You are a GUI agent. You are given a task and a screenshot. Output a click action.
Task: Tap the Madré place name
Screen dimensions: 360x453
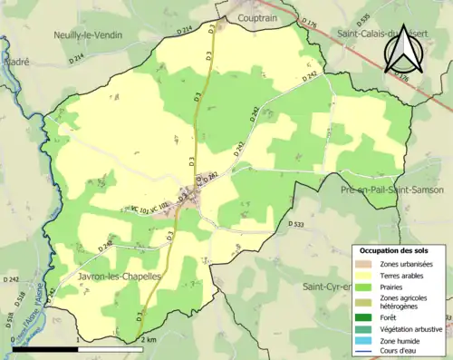click(x=15, y=62)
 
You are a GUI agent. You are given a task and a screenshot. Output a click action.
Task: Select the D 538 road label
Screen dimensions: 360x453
click(x=8, y=319)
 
